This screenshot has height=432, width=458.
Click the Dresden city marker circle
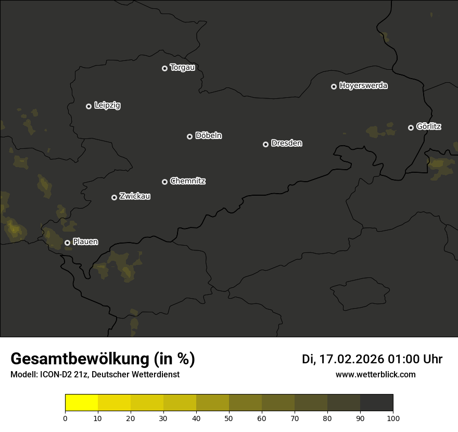[265, 144]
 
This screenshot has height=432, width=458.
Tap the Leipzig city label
[107, 106]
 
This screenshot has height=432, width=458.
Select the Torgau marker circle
[164, 68]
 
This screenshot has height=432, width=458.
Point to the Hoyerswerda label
[363, 86]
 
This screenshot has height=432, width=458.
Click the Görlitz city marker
[411, 128]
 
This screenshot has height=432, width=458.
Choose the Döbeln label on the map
[208, 136]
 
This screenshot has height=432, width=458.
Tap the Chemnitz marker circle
[164, 182]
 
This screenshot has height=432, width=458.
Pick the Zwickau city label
[135, 196]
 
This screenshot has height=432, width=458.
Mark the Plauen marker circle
[67, 243]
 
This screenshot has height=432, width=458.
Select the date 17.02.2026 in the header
[351, 359]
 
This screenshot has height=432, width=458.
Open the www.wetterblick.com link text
[375, 374]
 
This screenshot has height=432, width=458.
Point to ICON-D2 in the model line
[56, 375]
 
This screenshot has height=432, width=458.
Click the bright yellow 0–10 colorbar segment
[81, 402]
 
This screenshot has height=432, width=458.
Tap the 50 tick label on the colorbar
[229, 417]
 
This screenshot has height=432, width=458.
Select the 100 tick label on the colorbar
[393, 417]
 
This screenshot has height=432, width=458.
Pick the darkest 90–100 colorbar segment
[376, 402]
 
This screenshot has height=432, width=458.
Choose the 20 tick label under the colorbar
[131, 417]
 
